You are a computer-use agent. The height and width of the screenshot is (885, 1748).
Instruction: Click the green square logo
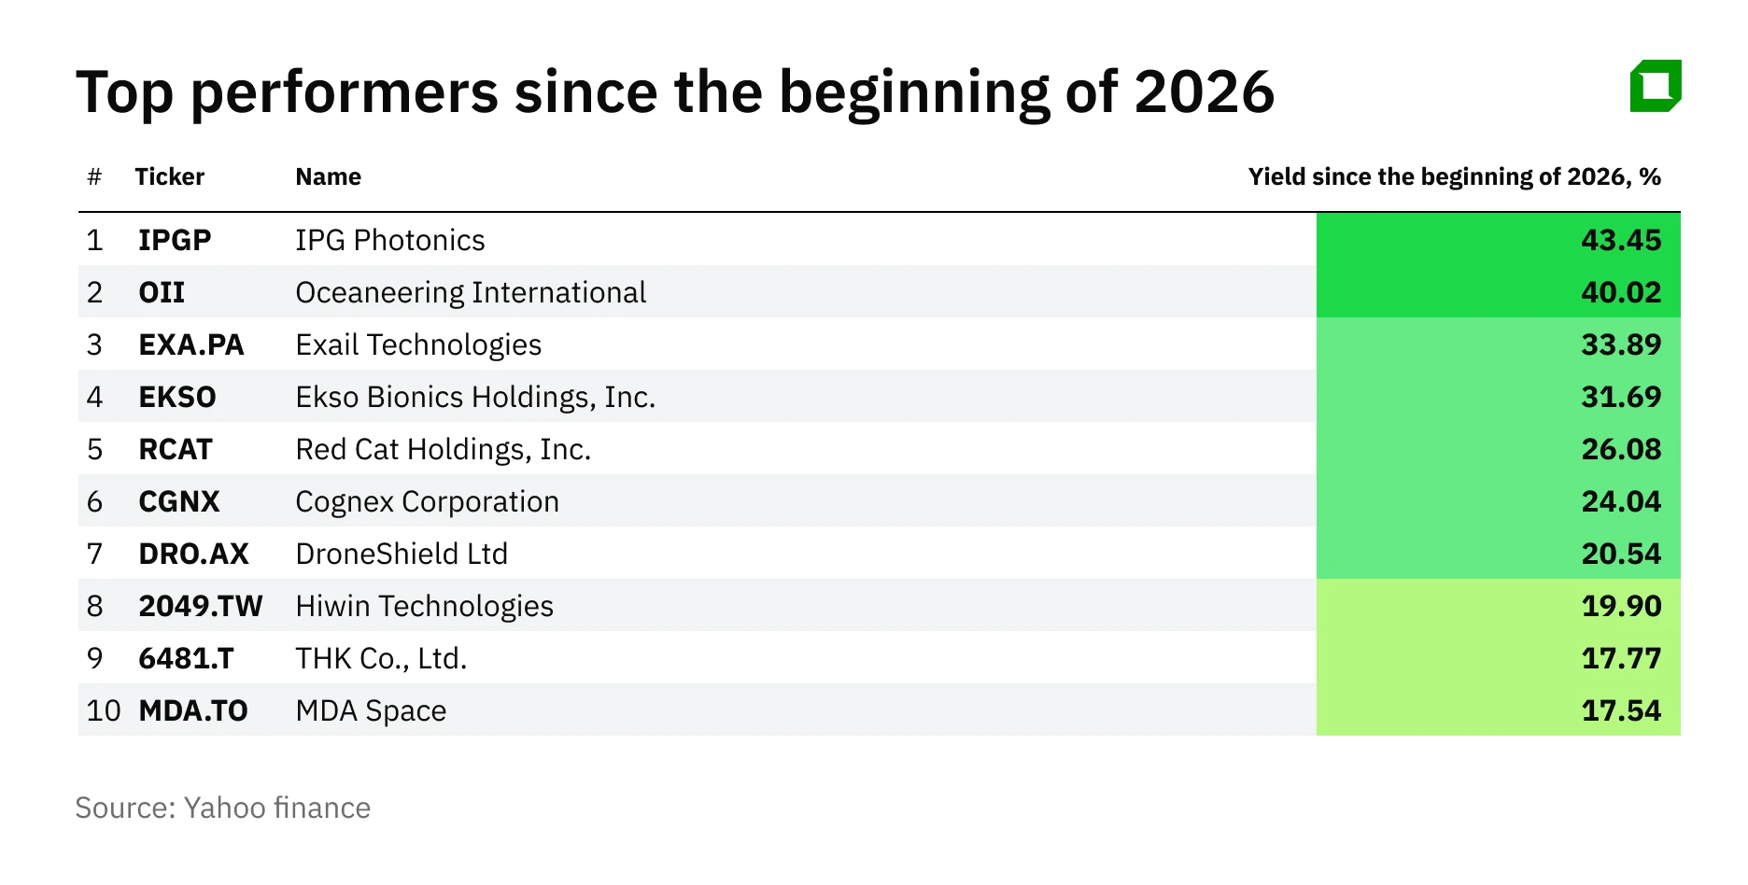pos(1655,86)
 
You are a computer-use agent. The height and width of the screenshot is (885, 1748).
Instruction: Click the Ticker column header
pos(169,176)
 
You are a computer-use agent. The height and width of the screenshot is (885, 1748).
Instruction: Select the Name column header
pos(328,176)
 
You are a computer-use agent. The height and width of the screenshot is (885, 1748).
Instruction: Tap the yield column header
pos(1454,176)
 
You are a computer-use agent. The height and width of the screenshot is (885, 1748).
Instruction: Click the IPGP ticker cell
pos(175,240)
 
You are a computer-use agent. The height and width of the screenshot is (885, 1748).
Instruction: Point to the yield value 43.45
pos(1621,240)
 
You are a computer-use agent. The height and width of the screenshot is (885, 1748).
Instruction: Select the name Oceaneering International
pos(471,292)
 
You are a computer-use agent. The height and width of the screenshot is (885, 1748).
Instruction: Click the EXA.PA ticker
pos(190,344)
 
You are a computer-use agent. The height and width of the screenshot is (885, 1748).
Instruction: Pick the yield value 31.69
pos(1621,397)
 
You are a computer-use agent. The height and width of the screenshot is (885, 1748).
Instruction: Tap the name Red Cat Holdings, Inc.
pos(443,449)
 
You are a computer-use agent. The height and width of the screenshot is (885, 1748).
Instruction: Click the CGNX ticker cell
pos(178,501)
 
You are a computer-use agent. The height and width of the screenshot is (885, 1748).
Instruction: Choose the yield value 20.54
pos(1621,554)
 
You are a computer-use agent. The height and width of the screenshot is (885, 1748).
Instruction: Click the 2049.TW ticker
pos(200,606)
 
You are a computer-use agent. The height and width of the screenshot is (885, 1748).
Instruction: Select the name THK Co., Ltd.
pos(381,658)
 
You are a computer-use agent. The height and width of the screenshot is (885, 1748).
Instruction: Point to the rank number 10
pos(104,710)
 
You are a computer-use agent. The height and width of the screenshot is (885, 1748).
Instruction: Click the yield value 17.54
pos(1621,710)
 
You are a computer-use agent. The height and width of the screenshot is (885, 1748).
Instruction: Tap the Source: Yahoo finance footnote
pos(222,808)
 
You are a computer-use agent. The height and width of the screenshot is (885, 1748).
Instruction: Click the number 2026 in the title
pos(1204,92)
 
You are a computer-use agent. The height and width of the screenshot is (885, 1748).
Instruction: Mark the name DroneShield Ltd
pos(402,554)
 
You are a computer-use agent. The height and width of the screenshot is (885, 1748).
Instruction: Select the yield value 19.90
pos(1621,606)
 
